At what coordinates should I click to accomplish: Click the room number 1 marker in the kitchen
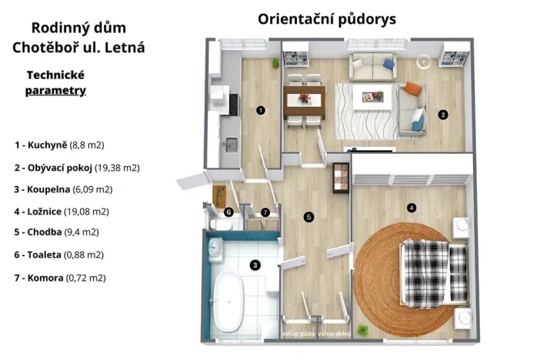click(x=261, y=110)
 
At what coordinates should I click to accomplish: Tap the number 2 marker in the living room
click(x=442, y=115)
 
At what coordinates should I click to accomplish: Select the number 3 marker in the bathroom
click(x=255, y=265)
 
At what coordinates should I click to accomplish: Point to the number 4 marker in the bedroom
click(x=411, y=207)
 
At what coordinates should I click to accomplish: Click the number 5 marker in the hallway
click(x=308, y=217)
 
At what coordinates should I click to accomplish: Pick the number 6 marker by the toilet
click(x=228, y=212)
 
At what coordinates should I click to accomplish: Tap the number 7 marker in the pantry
click(x=265, y=212)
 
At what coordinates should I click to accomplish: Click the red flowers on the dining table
click(x=304, y=98)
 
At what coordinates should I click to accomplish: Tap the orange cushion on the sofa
click(x=413, y=88)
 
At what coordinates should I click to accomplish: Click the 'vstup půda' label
click(x=298, y=333)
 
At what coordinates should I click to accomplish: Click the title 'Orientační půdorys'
click(x=327, y=18)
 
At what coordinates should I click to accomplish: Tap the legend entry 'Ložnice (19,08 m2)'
click(x=61, y=211)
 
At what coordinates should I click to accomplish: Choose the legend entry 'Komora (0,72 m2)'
click(x=59, y=278)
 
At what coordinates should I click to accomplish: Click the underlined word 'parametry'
click(x=55, y=91)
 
